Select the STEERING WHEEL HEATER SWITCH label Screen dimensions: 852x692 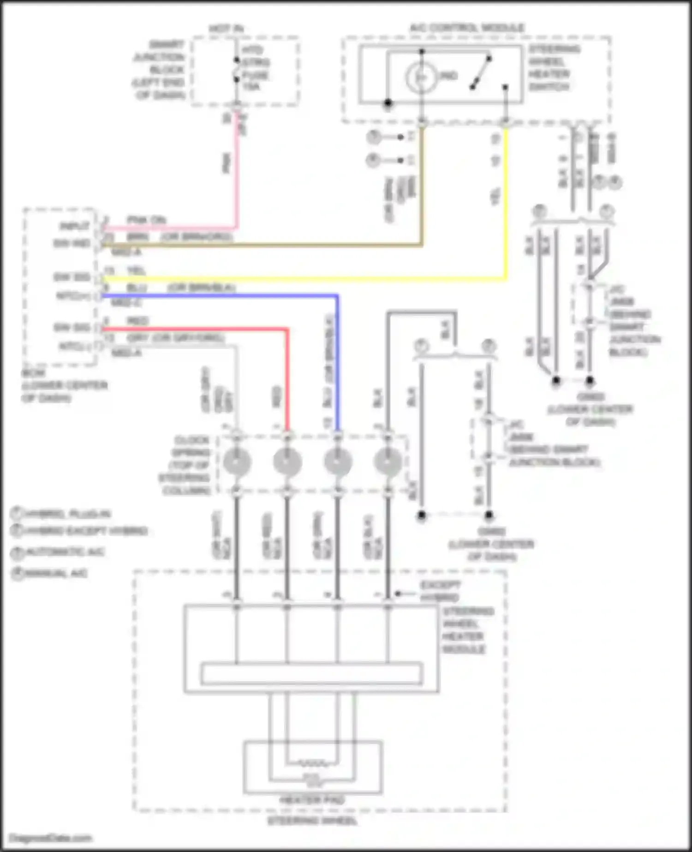[x=554, y=68]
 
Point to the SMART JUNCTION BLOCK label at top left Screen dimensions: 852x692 [x=159, y=69]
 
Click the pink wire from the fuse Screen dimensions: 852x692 [x=237, y=175]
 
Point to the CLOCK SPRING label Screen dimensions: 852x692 [x=187, y=465]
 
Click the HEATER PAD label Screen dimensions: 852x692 [x=312, y=800]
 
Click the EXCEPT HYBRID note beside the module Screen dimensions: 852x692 [x=439, y=591]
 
